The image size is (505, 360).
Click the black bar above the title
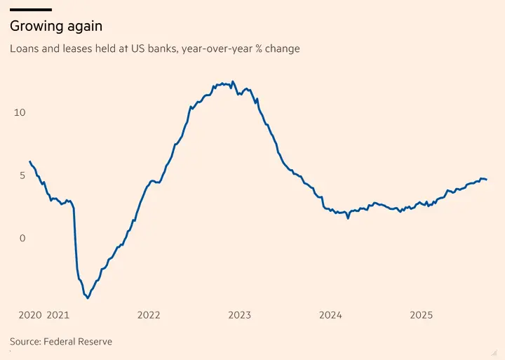(31, 10)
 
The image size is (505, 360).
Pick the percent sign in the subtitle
(258, 48)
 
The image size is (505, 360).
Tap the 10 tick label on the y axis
(20, 112)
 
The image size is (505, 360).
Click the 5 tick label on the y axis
(22, 175)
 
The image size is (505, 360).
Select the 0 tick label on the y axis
(22, 238)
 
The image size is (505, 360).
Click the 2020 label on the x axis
(30, 315)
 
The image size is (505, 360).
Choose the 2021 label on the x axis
(58, 315)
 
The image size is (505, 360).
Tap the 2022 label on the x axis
(149, 315)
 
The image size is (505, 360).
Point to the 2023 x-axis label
(240, 315)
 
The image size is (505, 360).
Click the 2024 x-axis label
(330, 315)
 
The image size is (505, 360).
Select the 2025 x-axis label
(422, 315)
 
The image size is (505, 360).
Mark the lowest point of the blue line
(88, 298)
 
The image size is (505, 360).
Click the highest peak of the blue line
(233, 81)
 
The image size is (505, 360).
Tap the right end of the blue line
(486, 180)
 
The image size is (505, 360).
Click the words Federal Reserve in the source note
(78, 341)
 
